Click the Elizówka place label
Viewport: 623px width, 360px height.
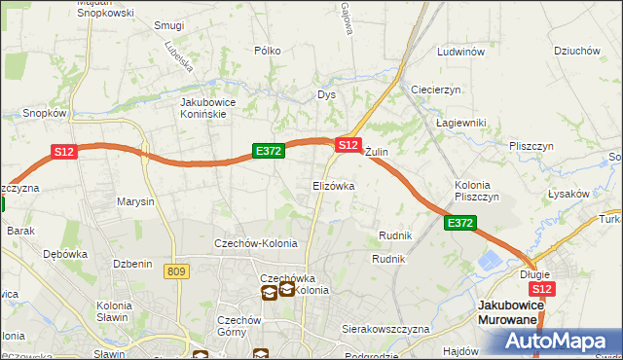[333, 185]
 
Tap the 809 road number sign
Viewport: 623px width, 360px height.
[176, 271]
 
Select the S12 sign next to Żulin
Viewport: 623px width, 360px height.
[348, 145]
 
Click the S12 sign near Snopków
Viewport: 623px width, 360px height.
[63, 152]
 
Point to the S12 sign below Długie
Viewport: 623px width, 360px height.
[542, 289]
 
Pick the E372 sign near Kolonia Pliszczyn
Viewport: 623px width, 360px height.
[460, 224]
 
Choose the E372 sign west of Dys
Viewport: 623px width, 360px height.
[268, 151]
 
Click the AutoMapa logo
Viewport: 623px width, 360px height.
[557, 342]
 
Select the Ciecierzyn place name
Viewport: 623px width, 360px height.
[435, 90]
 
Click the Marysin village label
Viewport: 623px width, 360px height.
[135, 202]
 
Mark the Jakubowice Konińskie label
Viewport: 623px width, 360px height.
[217, 107]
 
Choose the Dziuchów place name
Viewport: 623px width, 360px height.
[574, 51]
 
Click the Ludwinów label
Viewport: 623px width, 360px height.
[461, 52]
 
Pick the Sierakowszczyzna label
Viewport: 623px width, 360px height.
[385, 330]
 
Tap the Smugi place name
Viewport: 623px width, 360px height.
[169, 26]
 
